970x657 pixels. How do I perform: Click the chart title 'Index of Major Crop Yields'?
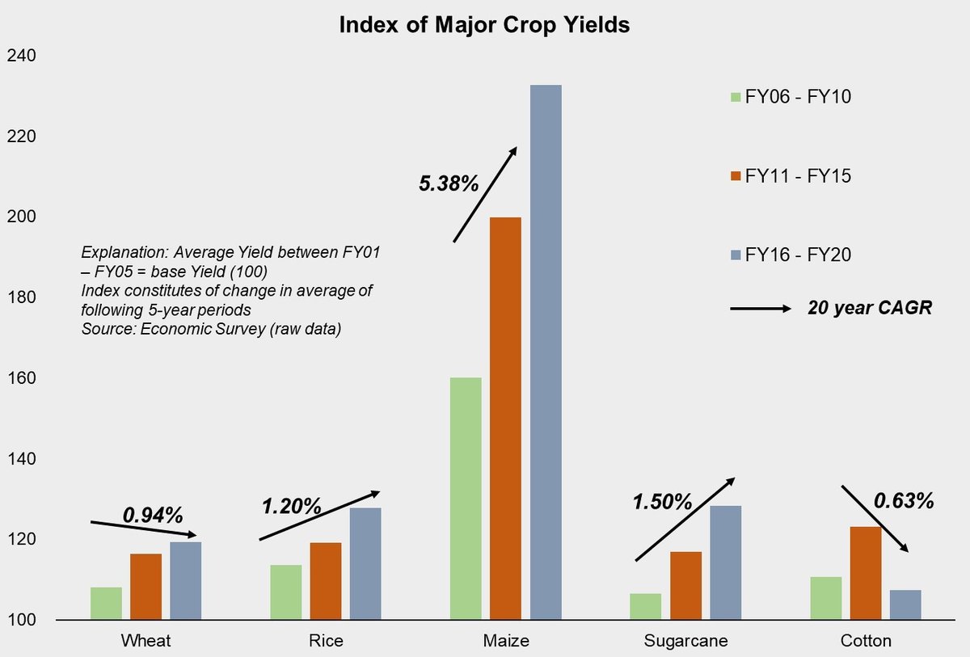click(x=484, y=24)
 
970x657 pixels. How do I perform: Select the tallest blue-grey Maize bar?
click(x=546, y=352)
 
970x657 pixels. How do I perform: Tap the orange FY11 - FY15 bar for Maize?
click(x=506, y=419)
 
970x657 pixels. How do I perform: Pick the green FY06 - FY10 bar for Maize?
click(x=466, y=499)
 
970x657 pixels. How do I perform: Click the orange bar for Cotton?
click(x=865, y=573)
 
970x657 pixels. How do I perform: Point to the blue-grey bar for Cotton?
click(x=905, y=604)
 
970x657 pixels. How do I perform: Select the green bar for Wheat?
click(x=106, y=603)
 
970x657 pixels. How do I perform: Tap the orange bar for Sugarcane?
click(x=685, y=585)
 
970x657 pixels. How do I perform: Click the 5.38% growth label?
click(x=449, y=183)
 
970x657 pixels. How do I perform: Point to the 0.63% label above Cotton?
click(x=904, y=501)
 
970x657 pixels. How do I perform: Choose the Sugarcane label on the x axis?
click(x=685, y=642)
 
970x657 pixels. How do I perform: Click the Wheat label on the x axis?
click(x=145, y=642)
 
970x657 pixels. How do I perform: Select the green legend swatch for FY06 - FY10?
click(x=736, y=97)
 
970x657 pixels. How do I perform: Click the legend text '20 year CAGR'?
click(x=870, y=308)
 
